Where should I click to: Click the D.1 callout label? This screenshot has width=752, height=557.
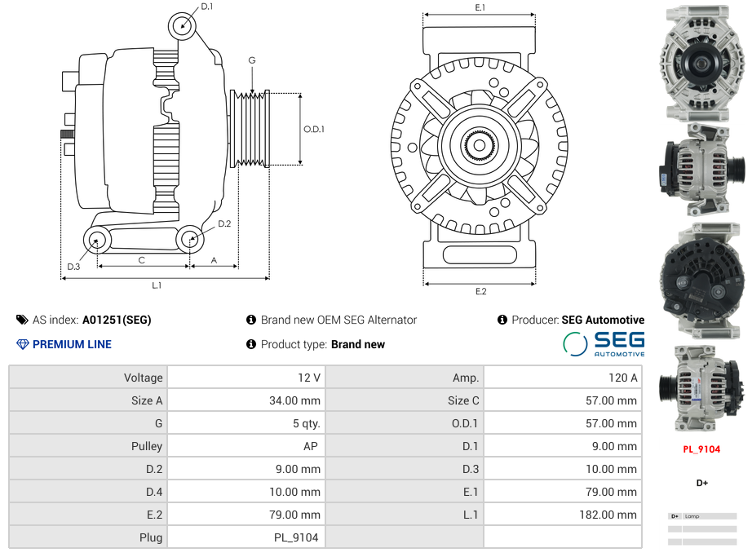tap(206, 7)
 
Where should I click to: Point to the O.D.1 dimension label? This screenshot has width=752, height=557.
tap(314, 129)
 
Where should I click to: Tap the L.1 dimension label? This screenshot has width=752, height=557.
tap(157, 285)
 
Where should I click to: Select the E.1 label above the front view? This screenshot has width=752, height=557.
tap(480, 7)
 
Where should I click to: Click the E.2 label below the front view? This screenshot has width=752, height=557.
tap(480, 292)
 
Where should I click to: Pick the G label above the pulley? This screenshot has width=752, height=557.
tap(252, 60)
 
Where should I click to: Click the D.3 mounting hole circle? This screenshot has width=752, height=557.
tap(98, 240)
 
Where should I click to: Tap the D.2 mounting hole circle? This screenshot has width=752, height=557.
tap(190, 239)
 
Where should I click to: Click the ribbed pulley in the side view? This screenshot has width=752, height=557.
tap(250, 129)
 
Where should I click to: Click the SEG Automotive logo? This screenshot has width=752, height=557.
tap(604, 343)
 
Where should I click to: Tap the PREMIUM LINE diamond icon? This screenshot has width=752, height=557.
tap(23, 344)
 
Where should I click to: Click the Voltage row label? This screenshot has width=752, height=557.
tap(144, 378)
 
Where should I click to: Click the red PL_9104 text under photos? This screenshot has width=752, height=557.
tap(701, 449)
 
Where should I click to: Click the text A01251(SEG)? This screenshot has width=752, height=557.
tap(117, 320)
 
